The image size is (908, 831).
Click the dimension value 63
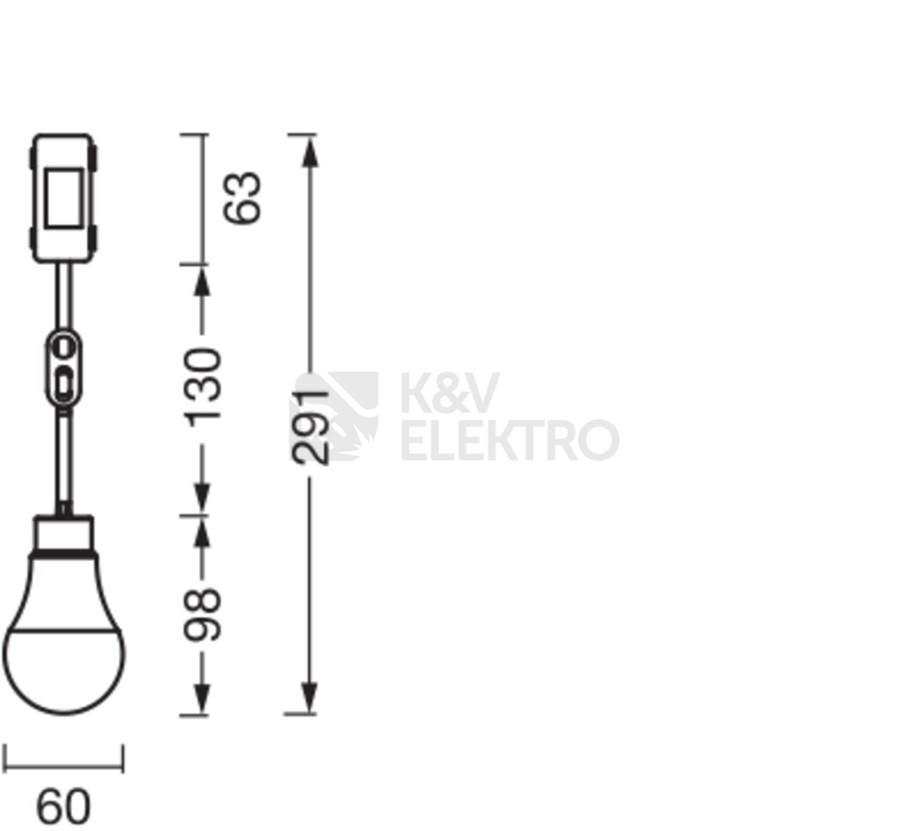[x=243, y=197]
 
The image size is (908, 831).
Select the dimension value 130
[x=202, y=385]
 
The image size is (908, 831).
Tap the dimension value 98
[x=202, y=615]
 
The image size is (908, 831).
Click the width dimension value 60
[x=64, y=806]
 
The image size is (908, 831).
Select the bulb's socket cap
[x=64, y=534]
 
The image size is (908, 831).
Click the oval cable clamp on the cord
[x=64, y=369]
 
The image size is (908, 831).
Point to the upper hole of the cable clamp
[x=64, y=346]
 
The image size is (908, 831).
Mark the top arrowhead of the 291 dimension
[x=311, y=149]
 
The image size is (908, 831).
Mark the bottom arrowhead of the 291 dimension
[x=311, y=699]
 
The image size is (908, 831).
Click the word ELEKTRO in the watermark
[x=509, y=440]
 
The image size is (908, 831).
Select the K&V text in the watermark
[x=449, y=393]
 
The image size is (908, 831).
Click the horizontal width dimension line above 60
[x=64, y=765]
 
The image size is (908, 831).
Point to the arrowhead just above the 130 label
[x=202, y=282]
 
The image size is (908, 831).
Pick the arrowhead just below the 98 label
[x=202, y=699]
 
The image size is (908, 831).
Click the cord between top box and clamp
[x=64, y=295]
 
